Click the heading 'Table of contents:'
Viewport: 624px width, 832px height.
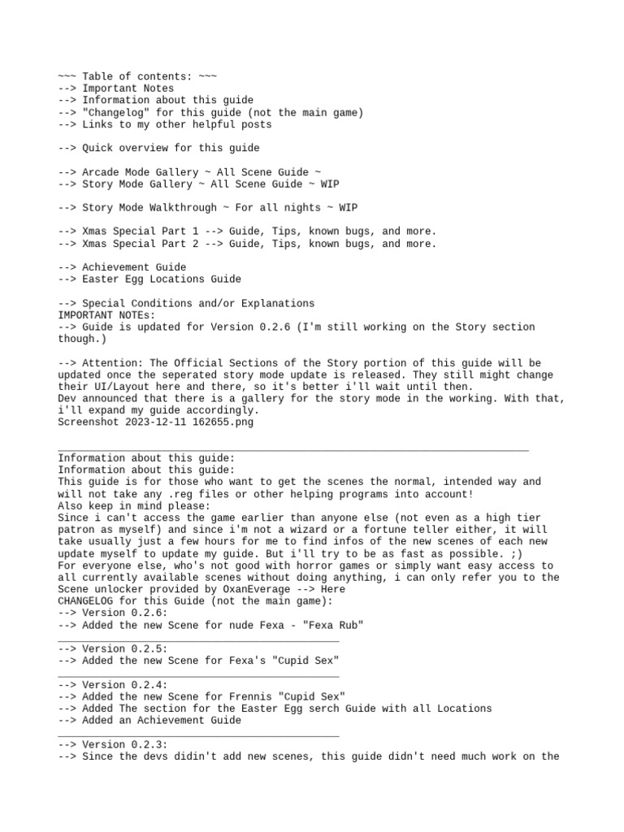pos(137,76)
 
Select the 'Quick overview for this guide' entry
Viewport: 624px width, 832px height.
pos(171,148)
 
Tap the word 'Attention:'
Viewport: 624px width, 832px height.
pos(109,362)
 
